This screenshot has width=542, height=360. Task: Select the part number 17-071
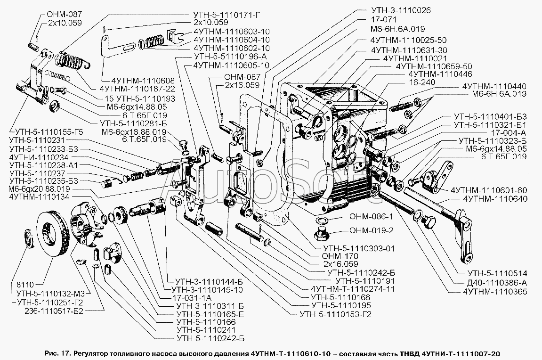pyautogui.click(x=381, y=20)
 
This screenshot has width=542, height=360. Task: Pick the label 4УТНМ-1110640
pyautogui.click(x=495, y=198)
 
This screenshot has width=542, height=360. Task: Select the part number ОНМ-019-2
pyautogui.click(x=369, y=231)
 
